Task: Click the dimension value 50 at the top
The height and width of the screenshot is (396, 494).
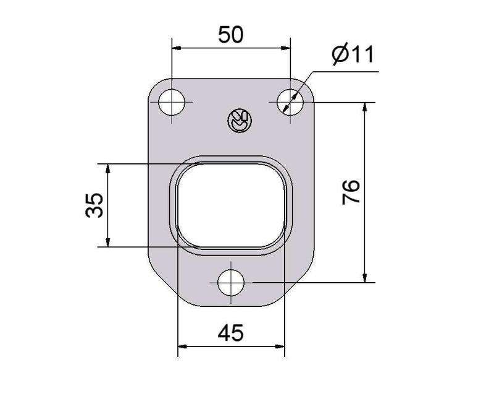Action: click(x=230, y=35)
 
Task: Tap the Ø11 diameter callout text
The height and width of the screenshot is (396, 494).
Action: click(x=353, y=55)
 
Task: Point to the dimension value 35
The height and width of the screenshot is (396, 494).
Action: click(x=94, y=205)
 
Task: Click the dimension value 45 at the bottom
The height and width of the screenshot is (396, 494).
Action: click(x=230, y=334)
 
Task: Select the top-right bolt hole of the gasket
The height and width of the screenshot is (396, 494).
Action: click(x=289, y=101)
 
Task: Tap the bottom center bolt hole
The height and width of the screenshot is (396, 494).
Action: click(x=232, y=283)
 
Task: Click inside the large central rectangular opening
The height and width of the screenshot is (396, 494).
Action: click(x=231, y=205)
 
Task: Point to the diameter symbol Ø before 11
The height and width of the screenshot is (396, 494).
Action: click(x=340, y=56)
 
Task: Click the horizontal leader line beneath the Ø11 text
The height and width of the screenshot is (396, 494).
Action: click(x=346, y=72)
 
